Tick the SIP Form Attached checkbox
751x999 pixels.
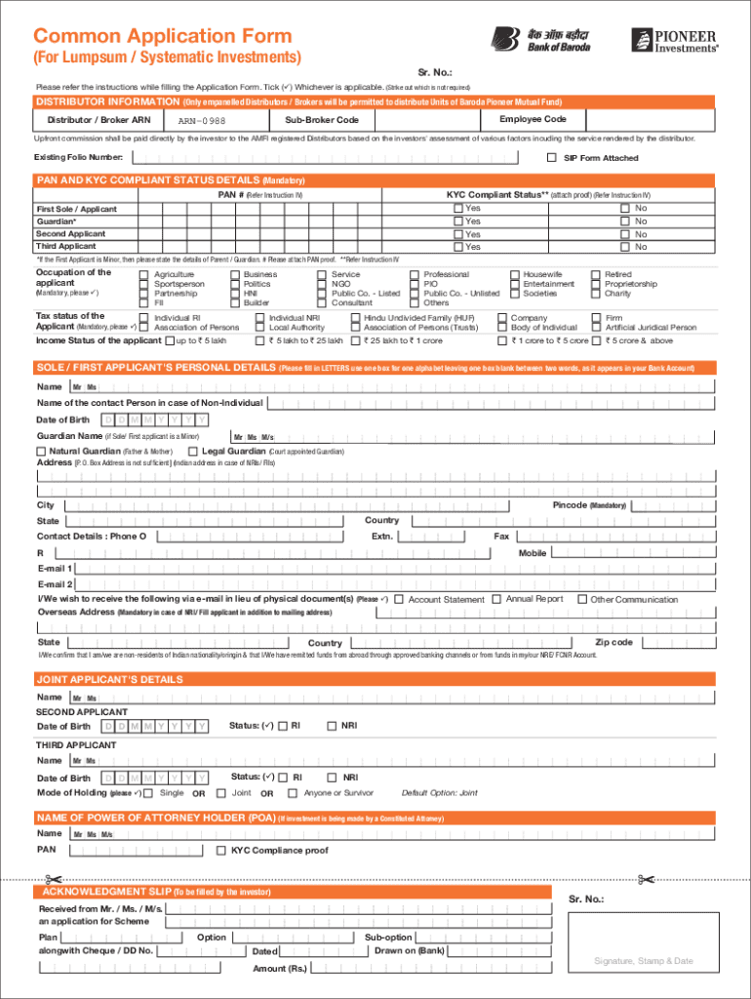551,157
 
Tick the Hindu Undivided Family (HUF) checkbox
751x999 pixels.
355,318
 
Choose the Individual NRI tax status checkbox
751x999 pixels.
259,318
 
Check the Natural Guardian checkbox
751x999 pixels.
41,452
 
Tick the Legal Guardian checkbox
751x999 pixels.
193,452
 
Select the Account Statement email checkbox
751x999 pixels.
398,599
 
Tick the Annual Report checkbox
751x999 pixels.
496,598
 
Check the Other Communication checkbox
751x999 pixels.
582,599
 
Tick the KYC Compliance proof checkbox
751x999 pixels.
220,851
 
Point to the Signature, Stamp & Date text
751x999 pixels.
644,961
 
